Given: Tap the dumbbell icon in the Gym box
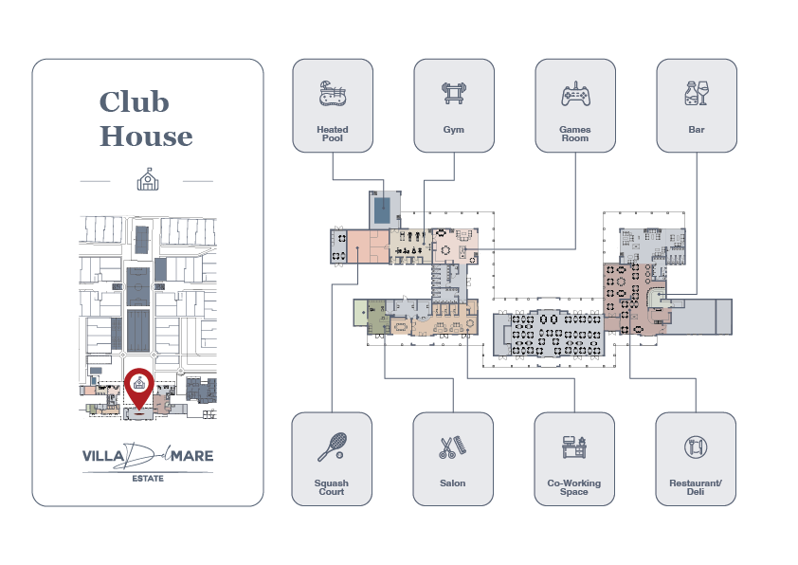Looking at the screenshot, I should click(453, 94).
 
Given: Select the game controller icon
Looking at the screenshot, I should click(574, 94).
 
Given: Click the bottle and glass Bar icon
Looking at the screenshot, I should click(696, 94).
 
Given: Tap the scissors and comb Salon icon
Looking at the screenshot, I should click(452, 447).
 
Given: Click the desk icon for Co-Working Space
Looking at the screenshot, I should click(574, 447).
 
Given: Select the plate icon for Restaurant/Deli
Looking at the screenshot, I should click(696, 447).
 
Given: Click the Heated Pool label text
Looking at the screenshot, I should click(332, 134).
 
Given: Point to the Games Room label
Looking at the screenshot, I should click(574, 134).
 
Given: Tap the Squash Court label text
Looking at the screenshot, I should click(332, 487).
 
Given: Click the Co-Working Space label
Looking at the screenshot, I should click(574, 487).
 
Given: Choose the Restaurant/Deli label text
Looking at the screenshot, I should click(696, 487).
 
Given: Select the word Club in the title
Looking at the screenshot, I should click(133, 101).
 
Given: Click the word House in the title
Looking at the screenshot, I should click(146, 137).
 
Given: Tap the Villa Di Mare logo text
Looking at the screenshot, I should click(147, 456).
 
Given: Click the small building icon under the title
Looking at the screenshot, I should click(147, 178).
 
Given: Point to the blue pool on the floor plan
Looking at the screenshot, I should click(381, 209).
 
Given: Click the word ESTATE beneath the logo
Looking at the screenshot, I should click(147, 478).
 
